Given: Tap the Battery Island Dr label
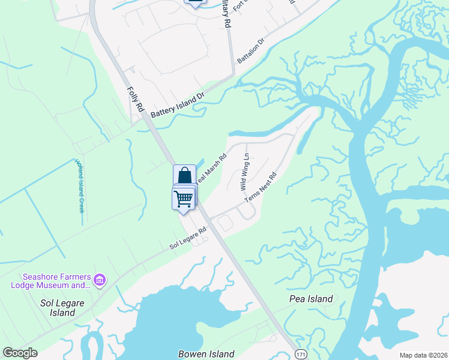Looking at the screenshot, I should pyautogui.click(x=178, y=104).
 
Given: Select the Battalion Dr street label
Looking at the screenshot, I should pyautogui.click(x=250, y=52).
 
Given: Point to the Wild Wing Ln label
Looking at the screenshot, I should pyautogui.click(x=245, y=172).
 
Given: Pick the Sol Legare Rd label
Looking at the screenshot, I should pyautogui.click(x=188, y=238).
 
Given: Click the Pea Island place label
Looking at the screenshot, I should pyautogui.click(x=311, y=299).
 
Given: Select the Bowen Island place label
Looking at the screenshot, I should pyautogui.click(x=206, y=354).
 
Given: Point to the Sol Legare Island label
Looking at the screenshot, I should pyautogui.click(x=58, y=308).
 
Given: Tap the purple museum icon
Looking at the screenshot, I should pyautogui.click(x=100, y=280).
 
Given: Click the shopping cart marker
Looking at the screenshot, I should pyautogui.click(x=183, y=197).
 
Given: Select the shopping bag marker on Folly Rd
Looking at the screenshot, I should pyautogui.click(x=185, y=176).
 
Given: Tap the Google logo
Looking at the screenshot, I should pyautogui.click(x=20, y=353).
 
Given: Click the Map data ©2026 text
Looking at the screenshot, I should pyautogui.click(x=423, y=355).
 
